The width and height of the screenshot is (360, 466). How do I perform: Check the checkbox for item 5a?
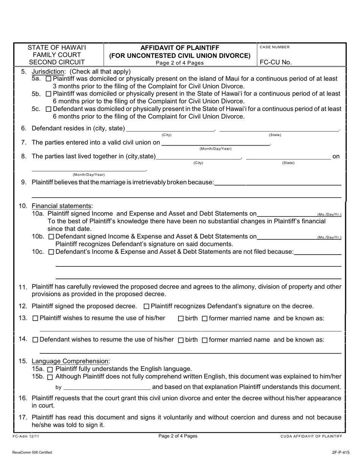(48, 79)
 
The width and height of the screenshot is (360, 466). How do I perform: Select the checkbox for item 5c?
(48, 109)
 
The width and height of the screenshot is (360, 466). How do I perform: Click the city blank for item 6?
(170, 129)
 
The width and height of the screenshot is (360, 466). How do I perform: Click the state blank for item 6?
(279, 129)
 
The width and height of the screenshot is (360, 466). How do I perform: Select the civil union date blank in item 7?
(215, 143)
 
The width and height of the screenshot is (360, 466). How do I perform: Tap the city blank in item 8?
(199, 157)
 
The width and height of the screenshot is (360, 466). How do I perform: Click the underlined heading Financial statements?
(62, 206)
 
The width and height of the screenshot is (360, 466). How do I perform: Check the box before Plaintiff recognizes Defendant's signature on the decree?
(147, 306)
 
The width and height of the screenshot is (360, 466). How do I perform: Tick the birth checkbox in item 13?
(181, 319)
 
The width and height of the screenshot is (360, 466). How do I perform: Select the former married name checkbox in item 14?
(205, 340)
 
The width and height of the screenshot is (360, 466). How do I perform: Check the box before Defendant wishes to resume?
(35, 340)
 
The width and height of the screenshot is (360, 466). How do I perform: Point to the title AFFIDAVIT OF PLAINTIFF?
(180, 48)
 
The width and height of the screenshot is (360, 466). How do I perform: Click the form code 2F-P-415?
(341, 452)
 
